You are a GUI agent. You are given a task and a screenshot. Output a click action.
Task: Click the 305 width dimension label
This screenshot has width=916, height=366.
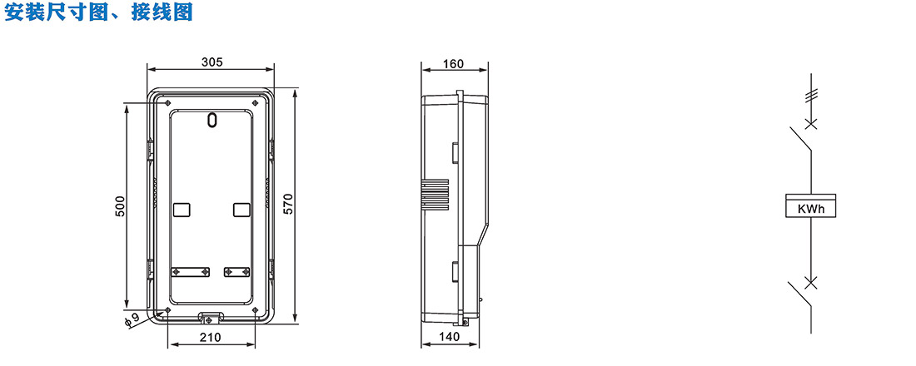pos(212,62)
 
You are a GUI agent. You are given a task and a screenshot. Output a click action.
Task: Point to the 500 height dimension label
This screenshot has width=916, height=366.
pos(121,206)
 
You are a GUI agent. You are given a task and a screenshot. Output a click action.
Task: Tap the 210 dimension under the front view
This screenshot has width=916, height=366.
pos(211,337)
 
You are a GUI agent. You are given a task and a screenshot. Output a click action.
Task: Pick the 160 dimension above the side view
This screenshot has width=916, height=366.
pos(454,63)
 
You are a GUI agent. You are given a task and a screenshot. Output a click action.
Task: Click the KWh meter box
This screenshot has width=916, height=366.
pos(810,206)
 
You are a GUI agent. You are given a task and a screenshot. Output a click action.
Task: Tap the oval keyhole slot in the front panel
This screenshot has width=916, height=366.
pos(212,119)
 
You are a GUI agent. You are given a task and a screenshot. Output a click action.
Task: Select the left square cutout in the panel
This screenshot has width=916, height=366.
pos(182,210)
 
